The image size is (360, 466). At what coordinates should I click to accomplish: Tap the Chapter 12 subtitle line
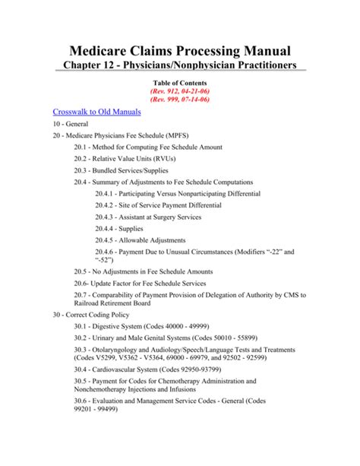click(180, 69)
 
